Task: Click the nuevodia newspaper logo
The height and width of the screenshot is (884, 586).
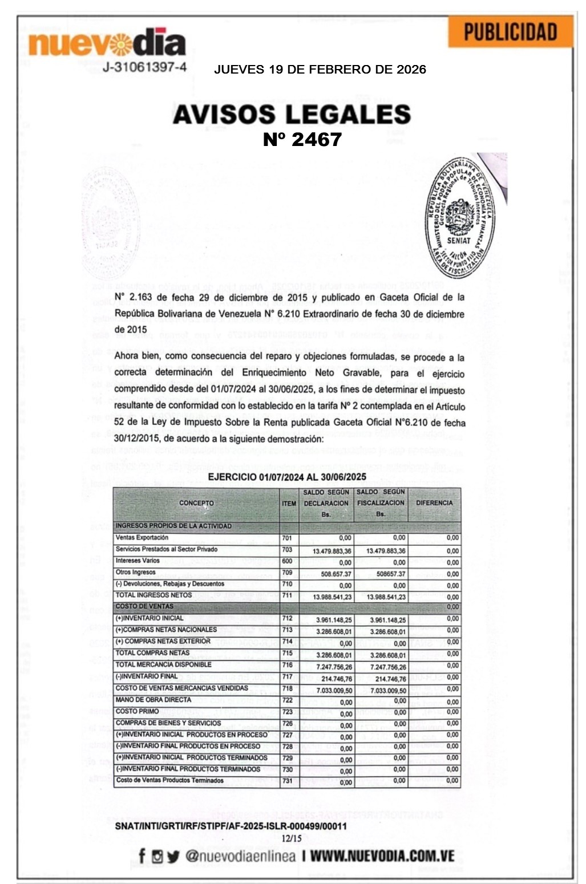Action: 107,43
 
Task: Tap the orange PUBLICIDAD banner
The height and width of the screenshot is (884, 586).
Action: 510,33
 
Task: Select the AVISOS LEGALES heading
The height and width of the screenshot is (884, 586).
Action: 292,114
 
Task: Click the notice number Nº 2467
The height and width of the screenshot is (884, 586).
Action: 302,139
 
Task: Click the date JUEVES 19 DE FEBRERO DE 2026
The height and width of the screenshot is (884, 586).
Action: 320,70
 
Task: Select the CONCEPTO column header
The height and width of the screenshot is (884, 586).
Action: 196,503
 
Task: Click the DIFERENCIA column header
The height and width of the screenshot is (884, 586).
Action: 434,503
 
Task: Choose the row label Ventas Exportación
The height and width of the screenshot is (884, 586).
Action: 142,538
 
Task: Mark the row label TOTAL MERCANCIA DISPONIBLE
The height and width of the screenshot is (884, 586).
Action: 163,665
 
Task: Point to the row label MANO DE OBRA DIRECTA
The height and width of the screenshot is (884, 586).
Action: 153,700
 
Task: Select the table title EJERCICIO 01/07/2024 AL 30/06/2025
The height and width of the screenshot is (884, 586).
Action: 287,477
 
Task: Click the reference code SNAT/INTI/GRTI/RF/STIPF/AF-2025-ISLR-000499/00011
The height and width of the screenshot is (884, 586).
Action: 231,826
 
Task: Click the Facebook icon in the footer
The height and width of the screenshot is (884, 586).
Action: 142,855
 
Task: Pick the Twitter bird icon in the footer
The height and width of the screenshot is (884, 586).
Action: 173,856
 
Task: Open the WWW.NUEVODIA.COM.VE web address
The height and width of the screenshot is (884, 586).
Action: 382,856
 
